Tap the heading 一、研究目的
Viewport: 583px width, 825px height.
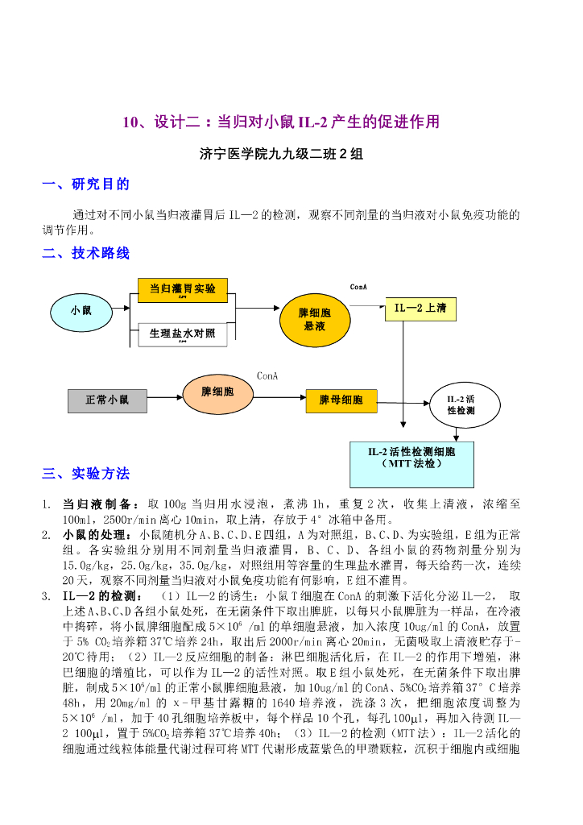[x=85, y=184]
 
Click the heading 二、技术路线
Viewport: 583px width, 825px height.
[x=85, y=253]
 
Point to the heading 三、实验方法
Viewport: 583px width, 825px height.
[x=85, y=473]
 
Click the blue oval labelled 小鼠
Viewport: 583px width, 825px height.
[x=81, y=310]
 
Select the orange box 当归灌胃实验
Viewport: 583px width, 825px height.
[x=183, y=288]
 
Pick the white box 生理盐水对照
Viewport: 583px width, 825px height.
[x=183, y=333]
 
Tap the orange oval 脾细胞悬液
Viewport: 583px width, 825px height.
[x=314, y=319]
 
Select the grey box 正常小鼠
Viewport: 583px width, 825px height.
[x=106, y=400]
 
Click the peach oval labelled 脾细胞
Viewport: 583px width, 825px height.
[x=217, y=392]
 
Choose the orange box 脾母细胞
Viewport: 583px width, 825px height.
[x=341, y=400]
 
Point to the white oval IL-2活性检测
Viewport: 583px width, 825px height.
[x=461, y=404]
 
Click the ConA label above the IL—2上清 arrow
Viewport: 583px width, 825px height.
[x=358, y=287]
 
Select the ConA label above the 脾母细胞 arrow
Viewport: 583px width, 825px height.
[x=267, y=375]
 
